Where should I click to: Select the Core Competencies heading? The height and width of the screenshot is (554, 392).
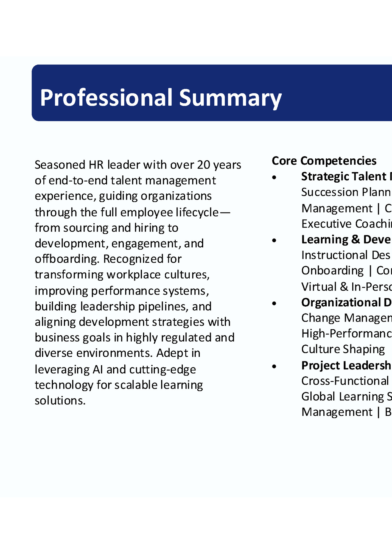[x=324, y=161]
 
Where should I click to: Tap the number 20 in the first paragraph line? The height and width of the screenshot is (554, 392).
[x=204, y=165]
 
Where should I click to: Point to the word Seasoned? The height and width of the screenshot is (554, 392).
[x=60, y=165]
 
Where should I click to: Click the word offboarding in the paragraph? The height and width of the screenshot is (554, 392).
[x=66, y=259]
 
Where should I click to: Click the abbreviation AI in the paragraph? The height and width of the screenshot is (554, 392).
[x=98, y=370]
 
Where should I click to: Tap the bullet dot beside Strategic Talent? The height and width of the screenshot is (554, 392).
[x=274, y=177]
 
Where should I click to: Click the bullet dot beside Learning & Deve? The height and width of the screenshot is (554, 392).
[x=274, y=240]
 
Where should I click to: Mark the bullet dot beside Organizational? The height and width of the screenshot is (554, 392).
[x=274, y=303]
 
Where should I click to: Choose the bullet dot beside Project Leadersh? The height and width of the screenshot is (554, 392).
[x=274, y=366]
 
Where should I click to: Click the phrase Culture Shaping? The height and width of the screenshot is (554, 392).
[x=343, y=349]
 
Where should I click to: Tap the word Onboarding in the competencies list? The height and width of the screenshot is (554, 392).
[x=332, y=271]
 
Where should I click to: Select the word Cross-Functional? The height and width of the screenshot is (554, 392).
[x=345, y=381]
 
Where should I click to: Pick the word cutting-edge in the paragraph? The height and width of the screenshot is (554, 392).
[x=163, y=370]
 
